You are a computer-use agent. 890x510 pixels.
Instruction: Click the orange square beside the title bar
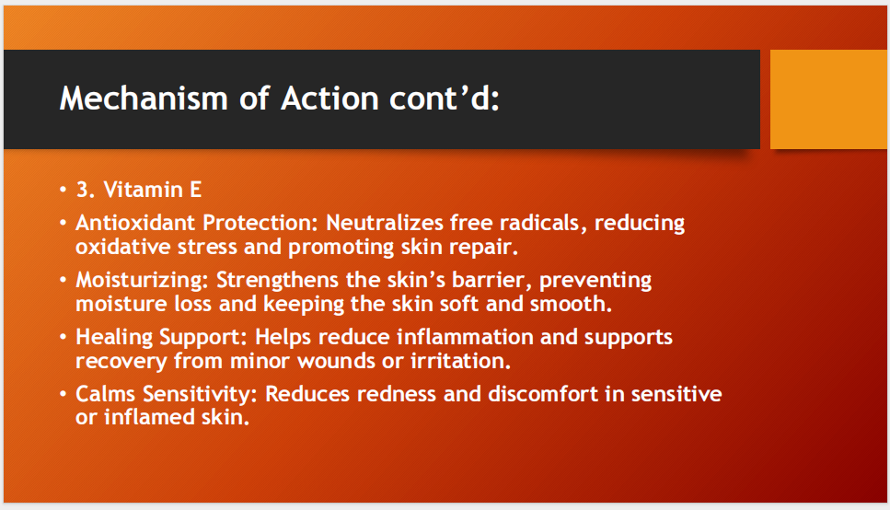tap(828, 99)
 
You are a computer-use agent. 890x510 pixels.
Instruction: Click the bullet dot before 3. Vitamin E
tap(63, 191)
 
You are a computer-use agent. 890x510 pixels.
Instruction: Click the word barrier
tap(489, 280)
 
